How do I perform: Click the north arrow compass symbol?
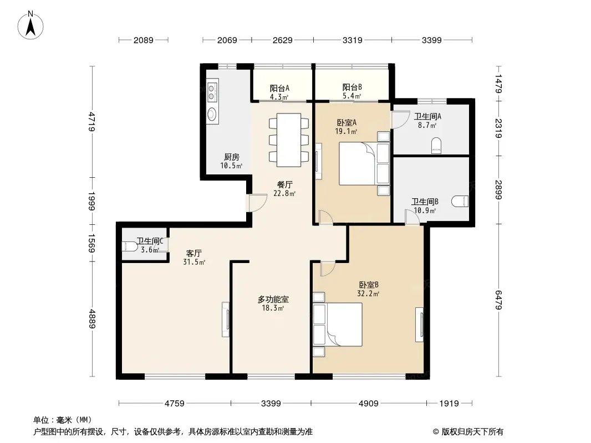[x=30, y=25]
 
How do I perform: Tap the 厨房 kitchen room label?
[x=231, y=157]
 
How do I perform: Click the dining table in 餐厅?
[x=289, y=140]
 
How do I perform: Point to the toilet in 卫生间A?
[x=436, y=146]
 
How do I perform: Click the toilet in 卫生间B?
[x=461, y=202]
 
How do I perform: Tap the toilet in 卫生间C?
[x=130, y=246]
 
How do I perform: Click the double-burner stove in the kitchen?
[x=212, y=91]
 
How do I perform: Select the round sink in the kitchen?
[x=212, y=114]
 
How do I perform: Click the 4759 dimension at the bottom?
[x=175, y=404]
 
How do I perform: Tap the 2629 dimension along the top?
[x=282, y=40]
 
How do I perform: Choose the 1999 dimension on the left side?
[x=91, y=201]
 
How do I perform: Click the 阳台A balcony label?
[x=279, y=88]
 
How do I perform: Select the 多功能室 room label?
[x=273, y=300]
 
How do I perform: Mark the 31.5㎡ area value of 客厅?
[x=194, y=262]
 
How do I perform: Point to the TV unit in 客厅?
[x=226, y=320]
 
